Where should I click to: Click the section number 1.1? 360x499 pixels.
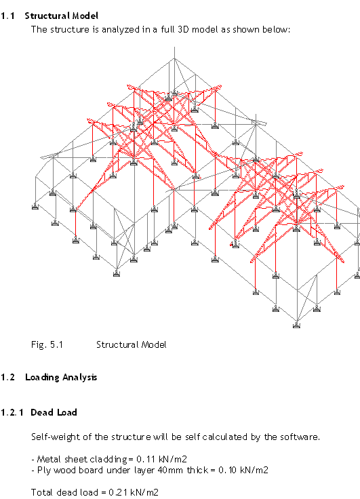[x=8, y=16]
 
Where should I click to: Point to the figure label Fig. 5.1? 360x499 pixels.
[x=47, y=344]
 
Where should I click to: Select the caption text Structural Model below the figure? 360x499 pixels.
[x=131, y=344]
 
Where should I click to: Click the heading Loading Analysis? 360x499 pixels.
[x=61, y=378]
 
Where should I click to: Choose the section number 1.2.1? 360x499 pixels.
[x=12, y=412]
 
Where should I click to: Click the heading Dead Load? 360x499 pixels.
[x=54, y=412]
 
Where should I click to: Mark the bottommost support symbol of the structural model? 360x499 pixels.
[x=297, y=325]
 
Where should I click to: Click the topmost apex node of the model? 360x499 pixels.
[x=174, y=58]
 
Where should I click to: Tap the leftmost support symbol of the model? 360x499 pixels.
[x=35, y=207]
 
